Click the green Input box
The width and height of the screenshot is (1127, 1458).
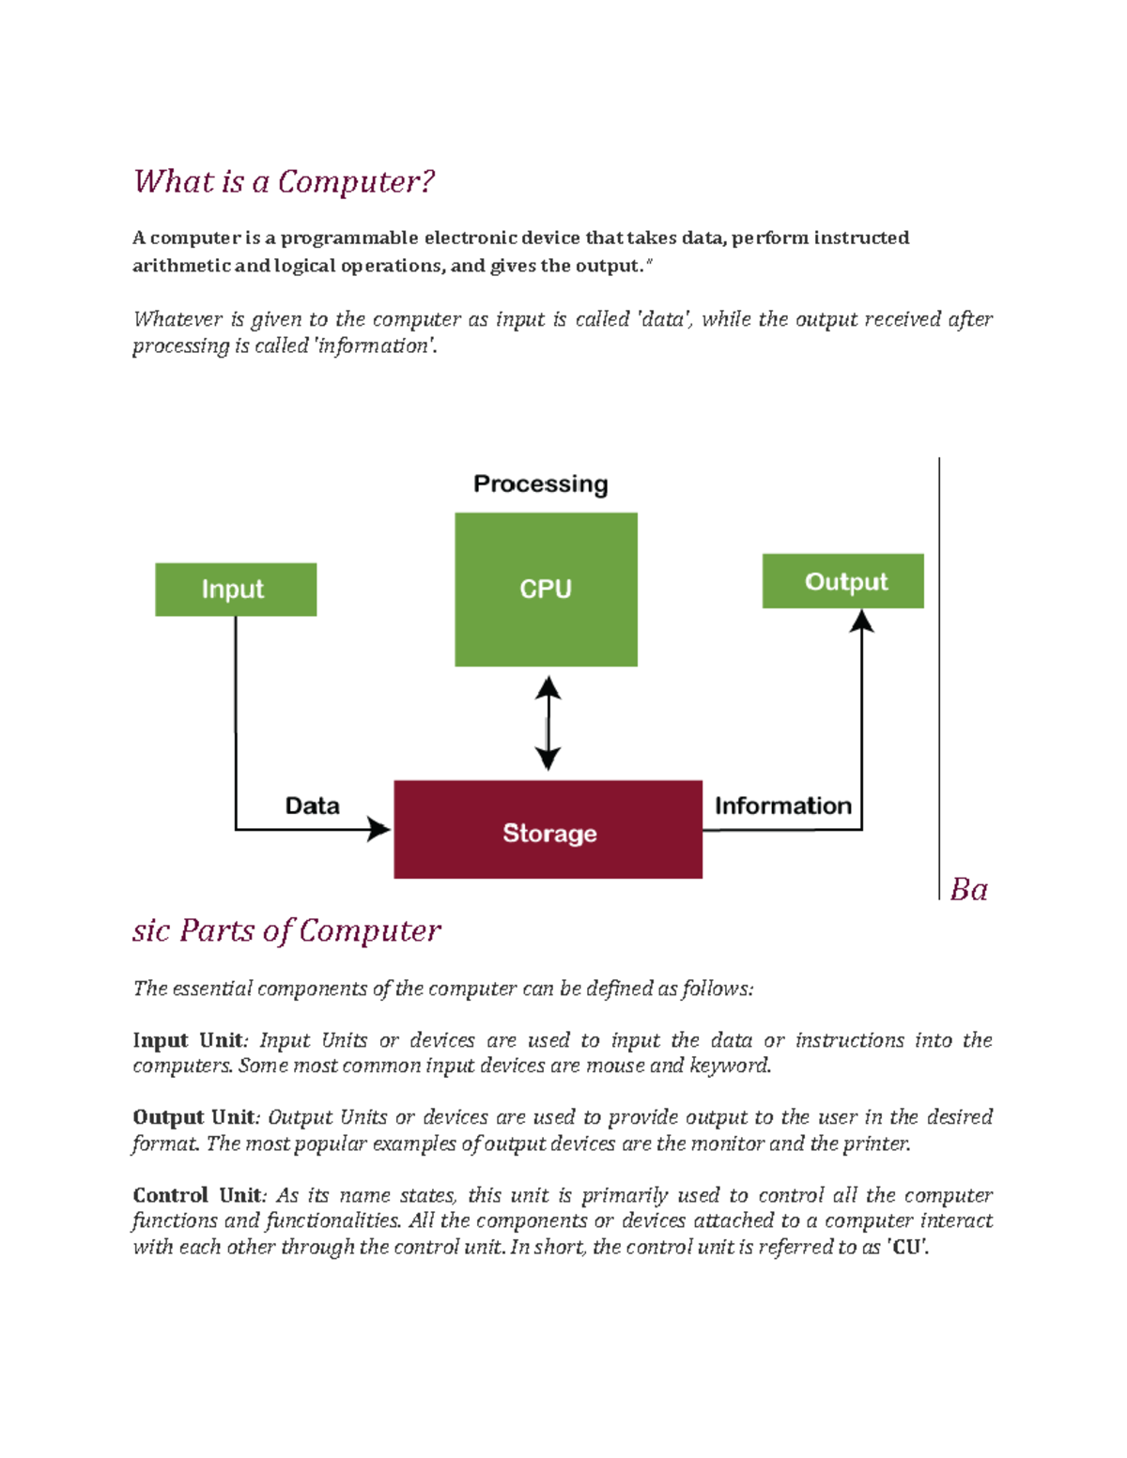(x=236, y=590)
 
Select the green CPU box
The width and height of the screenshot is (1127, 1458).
(x=546, y=589)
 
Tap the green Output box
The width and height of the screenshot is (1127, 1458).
(x=842, y=581)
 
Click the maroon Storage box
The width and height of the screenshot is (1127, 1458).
(x=548, y=830)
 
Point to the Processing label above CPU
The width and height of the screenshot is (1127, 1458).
(x=540, y=484)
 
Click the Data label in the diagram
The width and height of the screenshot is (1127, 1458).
(x=312, y=806)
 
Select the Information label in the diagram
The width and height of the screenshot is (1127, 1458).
(x=782, y=806)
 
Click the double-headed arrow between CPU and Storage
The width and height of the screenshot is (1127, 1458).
(x=548, y=724)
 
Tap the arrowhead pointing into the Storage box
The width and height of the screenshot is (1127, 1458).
(x=379, y=829)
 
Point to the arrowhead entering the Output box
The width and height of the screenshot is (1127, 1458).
(x=861, y=621)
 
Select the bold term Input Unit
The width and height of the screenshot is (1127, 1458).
(x=188, y=1040)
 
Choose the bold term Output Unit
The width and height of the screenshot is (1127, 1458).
(x=193, y=1117)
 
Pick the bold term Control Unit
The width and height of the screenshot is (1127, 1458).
(x=196, y=1195)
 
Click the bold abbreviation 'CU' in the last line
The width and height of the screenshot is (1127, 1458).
(x=906, y=1248)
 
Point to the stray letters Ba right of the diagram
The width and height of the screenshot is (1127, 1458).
(x=968, y=889)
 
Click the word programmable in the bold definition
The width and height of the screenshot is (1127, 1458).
(x=348, y=238)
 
